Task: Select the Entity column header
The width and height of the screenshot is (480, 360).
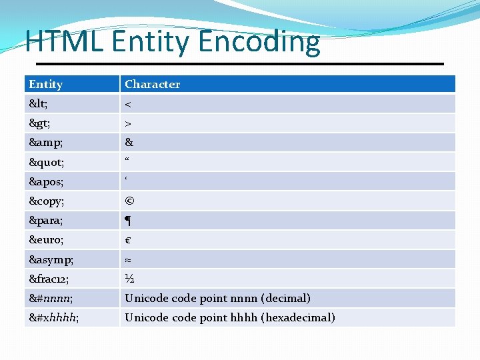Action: click(x=46, y=84)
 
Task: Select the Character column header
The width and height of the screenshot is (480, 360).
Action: click(x=152, y=84)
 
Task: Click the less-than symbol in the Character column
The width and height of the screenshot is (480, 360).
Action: click(x=129, y=104)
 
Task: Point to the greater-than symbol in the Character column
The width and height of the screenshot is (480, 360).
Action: click(x=129, y=123)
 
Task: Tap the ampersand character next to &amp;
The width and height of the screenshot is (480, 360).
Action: click(x=129, y=143)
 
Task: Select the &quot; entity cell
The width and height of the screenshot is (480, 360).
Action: click(x=46, y=162)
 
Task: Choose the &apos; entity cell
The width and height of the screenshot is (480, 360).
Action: click(x=46, y=181)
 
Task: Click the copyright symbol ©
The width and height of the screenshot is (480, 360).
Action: click(x=129, y=201)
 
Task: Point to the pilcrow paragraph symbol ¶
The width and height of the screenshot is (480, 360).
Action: click(x=129, y=221)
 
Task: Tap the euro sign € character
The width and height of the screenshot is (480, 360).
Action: click(x=128, y=240)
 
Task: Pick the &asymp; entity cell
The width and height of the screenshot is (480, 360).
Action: click(x=51, y=259)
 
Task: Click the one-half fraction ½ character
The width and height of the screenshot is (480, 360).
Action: click(x=129, y=279)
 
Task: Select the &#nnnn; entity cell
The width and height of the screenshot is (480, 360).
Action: click(x=51, y=298)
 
